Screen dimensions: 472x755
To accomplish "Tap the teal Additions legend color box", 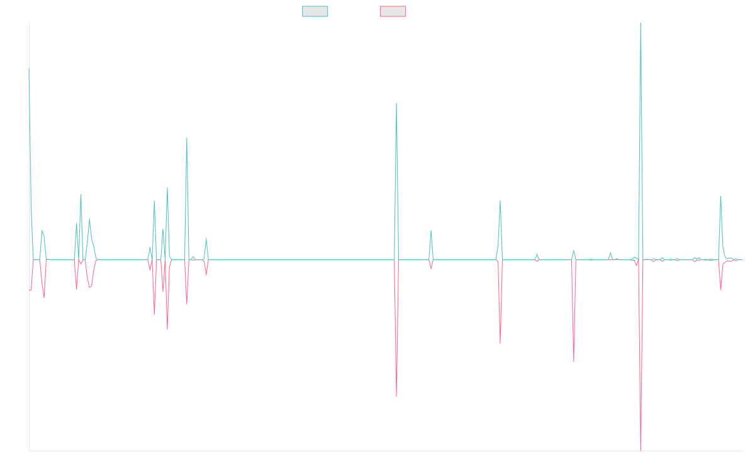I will pyautogui.click(x=315, y=11).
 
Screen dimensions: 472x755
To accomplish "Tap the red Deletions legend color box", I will pyautogui.click(x=393, y=11).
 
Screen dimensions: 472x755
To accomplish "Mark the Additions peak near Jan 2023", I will pyautogui.click(x=396, y=103).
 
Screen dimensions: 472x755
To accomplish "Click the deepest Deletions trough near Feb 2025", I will pyautogui.click(x=640, y=449).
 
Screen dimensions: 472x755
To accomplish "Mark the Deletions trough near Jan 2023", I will pyautogui.click(x=396, y=396).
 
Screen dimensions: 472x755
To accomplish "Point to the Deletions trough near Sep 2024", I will pyautogui.click(x=574, y=362).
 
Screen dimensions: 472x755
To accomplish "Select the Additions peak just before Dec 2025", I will pyautogui.click(x=720, y=196).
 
